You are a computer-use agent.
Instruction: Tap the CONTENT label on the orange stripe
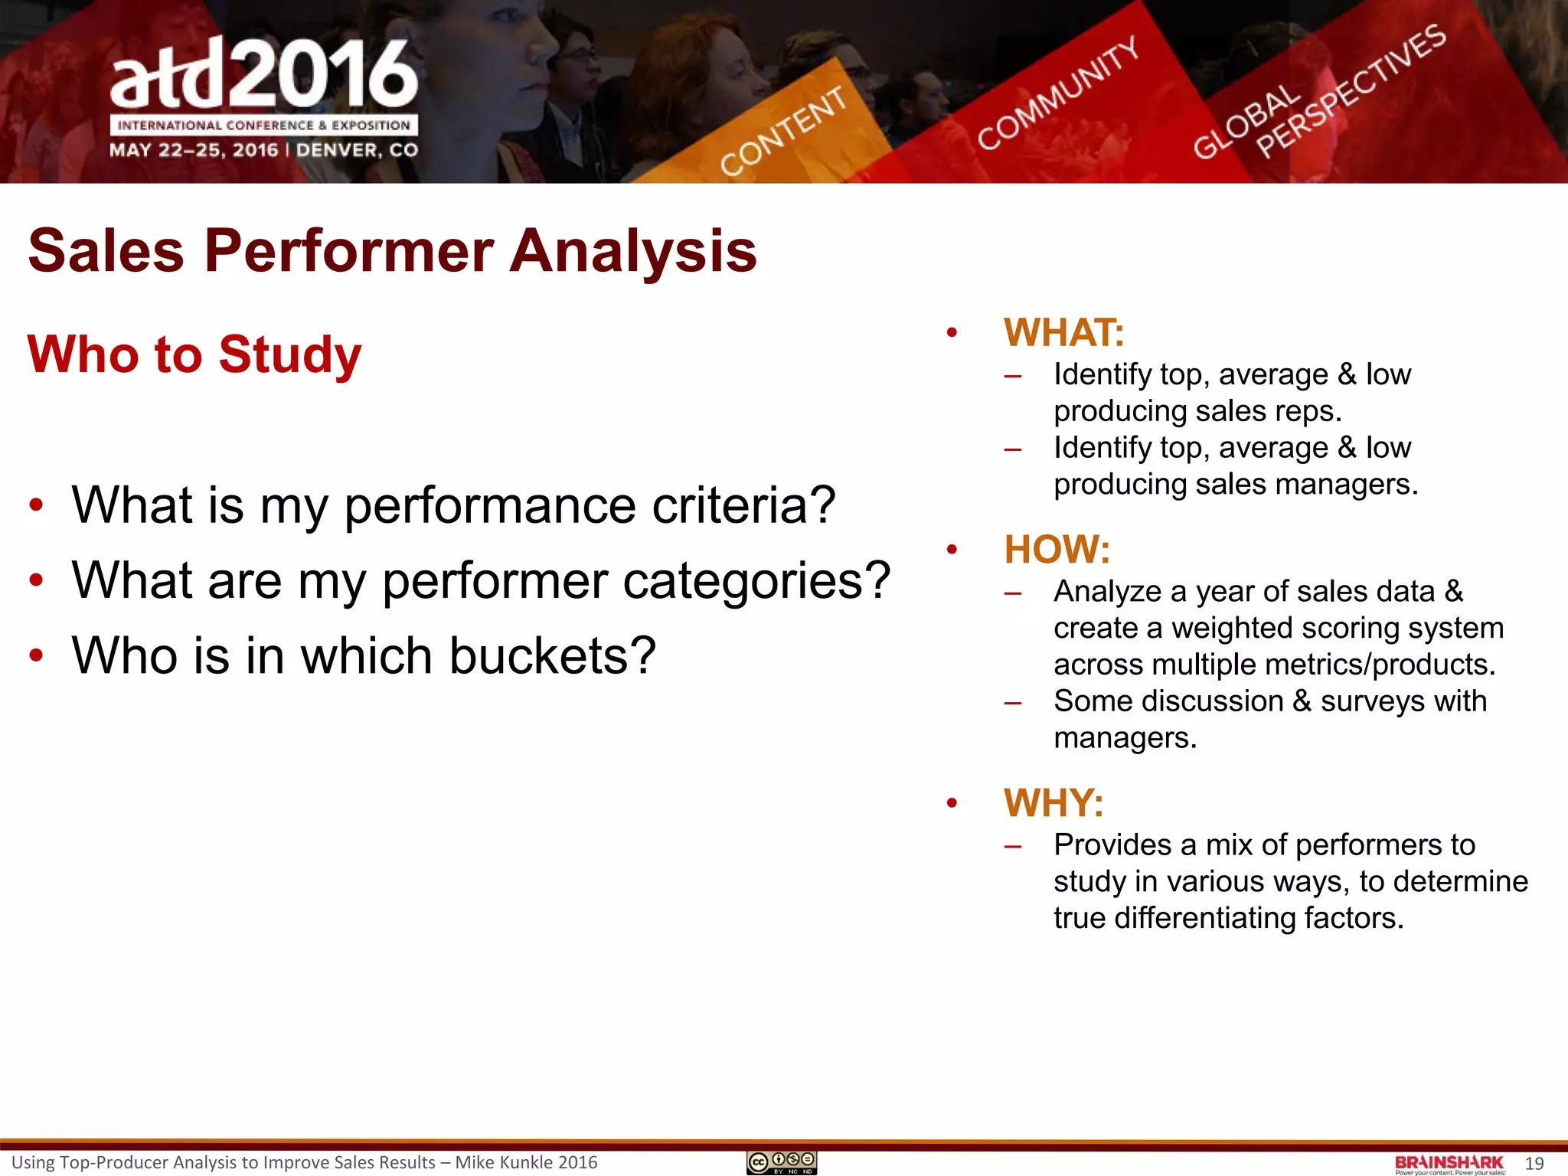pyautogui.click(x=782, y=131)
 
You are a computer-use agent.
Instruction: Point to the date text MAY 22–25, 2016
pyautogui.click(x=194, y=150)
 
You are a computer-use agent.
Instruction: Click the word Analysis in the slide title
pyautogui.click(x=633, y=251)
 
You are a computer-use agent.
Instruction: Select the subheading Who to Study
pyautogui.click(x=194, y=354)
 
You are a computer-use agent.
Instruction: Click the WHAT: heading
pyautogui.click(x=1063, y=333)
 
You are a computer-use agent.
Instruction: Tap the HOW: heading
pyautogui.click(x=1057, y=550)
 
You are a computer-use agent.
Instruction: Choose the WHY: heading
pyautogui.click(x=1053, y=803)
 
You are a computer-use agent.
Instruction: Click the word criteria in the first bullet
pyautogui.click(x=743, y=506)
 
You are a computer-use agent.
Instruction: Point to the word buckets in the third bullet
pyautogui.click(x=552, y=656)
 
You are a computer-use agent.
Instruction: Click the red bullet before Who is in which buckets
pyautogui.click(x=36, y=656)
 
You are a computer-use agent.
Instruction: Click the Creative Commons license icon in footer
pyautogui.click(x=782, y=1163)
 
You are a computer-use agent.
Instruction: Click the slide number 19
pyautogui.click(x=1534, y=1164)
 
